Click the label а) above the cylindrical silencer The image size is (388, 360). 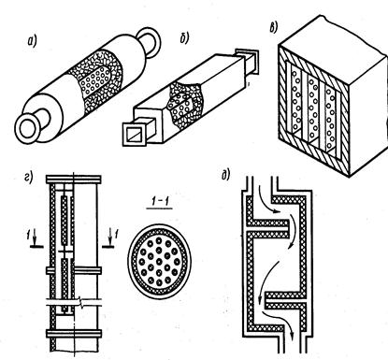(32, 42)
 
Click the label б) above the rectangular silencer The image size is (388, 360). (185, 38)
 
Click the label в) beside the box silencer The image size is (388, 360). (273, 28)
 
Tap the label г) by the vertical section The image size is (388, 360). (28, 178)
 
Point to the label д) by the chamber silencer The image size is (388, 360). (225, 176)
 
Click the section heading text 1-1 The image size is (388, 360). (160, 202)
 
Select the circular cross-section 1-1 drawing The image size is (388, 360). (159, 261)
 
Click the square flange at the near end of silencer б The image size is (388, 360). (136, 134)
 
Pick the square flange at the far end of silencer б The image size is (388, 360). (247, 62)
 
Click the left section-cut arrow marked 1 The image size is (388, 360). (35, 240)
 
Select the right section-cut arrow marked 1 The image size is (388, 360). (110, 240)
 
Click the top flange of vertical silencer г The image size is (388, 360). (74, 180)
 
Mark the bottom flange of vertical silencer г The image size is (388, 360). (74, 334)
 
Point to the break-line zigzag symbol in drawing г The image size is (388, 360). (82, 303)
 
